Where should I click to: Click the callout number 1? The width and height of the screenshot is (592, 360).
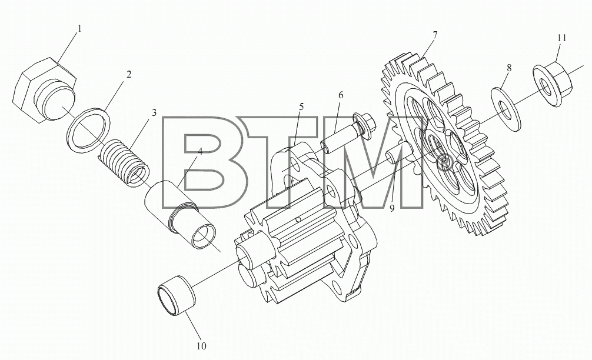pos(79,29)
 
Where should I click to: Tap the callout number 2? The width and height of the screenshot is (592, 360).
pos(129,74)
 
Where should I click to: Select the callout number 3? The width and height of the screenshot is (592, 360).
pos(154,112)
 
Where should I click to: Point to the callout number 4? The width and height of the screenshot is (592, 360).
pos(200,152)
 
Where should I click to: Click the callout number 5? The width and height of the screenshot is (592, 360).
pos(301,107)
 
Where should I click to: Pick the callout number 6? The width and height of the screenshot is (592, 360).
pos(341,95)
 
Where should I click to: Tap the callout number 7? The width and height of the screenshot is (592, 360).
pos(435,35)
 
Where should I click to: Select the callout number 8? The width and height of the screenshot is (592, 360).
pos(509,68)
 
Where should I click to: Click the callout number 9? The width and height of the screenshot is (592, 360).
pos(393,208)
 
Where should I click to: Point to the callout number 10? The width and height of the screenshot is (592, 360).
pos(201,346)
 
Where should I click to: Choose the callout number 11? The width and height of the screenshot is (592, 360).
pos(561,38)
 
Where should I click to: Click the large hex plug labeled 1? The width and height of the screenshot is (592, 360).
pos(44,90)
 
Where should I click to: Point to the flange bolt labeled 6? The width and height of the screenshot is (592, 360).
pos(348,133)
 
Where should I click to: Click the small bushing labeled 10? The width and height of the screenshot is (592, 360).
pos(177,295)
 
